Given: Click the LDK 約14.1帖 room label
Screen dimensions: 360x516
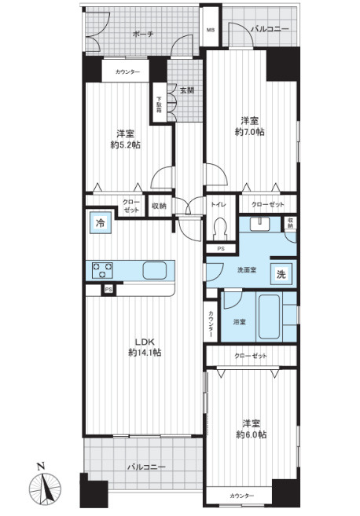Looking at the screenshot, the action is (x=145, y=347).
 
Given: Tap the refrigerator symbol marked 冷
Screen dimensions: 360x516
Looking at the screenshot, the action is (x=101, y=223).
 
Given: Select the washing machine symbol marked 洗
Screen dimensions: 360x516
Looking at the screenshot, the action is (x=281, y=274).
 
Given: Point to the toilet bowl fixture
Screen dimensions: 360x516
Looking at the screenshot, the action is (x=220, y=229).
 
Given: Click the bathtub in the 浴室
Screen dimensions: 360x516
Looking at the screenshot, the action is (x=269, y=317).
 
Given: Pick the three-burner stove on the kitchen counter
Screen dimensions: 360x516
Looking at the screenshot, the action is (x=101, y=270).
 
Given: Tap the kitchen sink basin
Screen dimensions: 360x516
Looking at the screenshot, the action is (x=155, y=270).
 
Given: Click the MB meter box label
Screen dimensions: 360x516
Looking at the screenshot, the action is (x=211, y=31).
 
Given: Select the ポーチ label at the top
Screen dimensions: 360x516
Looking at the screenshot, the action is (x=143, y=34).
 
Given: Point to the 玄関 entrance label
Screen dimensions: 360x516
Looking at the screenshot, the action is (x=187, y=90).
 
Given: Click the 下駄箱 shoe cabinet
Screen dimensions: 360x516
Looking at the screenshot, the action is (x=159, y=103).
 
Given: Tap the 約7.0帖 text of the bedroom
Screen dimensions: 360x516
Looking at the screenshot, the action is (x=249, y=132).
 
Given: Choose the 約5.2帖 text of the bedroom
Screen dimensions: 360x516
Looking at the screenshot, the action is (x=125, y=145).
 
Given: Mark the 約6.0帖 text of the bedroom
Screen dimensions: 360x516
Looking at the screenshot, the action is (x=252, y=434).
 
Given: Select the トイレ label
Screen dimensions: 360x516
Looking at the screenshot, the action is (x=219, y=205).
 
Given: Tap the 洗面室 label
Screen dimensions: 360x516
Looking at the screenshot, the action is (x=247, y=270).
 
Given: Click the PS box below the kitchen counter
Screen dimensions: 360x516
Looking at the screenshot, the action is (x=108, y=290).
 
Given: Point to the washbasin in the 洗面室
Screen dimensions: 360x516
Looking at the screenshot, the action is (x=260, y=224).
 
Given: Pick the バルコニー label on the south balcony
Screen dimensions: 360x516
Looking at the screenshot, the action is (x=146, y=467).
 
